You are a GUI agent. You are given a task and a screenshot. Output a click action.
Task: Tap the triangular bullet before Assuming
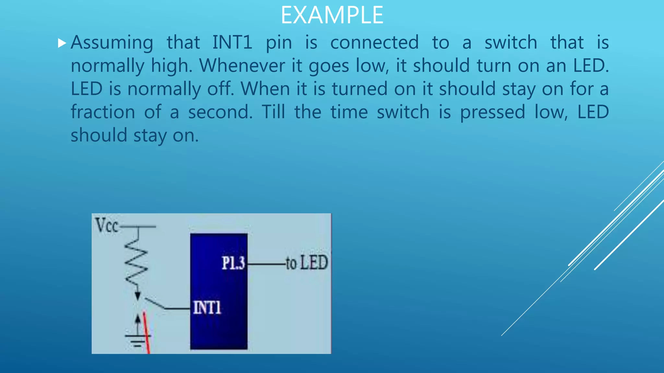point(62,43)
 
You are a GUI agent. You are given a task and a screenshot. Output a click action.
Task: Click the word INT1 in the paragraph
point(232,42)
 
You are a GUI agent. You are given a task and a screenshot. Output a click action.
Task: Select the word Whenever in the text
point(242,66)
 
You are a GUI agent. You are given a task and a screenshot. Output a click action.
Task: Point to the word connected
point(374,42)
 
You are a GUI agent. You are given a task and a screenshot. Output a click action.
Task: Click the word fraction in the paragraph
point(103,112)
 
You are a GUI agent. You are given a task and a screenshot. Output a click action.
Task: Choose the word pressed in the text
point(492,112)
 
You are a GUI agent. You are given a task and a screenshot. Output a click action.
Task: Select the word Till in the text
point(273,112)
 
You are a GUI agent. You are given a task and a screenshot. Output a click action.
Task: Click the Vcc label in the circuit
point(106,225)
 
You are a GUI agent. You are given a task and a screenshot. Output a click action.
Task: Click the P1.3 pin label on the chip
point(233,263)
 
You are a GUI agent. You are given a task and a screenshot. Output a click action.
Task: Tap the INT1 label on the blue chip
point(207,307)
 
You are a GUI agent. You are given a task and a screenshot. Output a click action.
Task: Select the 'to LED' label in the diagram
point(307,263)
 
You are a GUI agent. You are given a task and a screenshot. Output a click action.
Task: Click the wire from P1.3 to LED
point(266,264)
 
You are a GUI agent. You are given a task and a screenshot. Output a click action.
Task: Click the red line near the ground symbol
point(147,333)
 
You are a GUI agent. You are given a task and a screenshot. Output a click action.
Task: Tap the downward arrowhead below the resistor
point(138,296)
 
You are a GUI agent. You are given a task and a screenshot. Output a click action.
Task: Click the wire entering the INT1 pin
point(177,309)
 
